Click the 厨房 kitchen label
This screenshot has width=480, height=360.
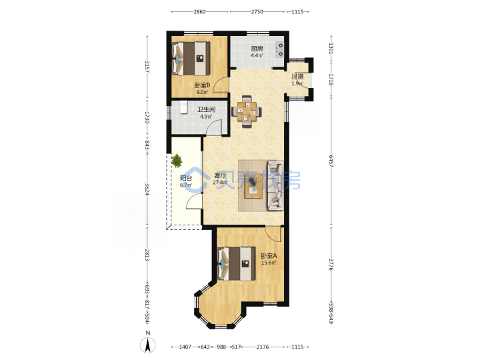[257, 49]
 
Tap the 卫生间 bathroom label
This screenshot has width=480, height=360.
[206, 109]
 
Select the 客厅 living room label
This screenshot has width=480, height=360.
[220, 176]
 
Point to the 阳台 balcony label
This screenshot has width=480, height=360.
[186, 178]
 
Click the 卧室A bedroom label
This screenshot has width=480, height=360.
[269, 255]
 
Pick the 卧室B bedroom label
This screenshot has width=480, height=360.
[202, 85]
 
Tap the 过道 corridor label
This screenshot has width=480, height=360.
[297, 77]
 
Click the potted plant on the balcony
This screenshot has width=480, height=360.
[177, 161]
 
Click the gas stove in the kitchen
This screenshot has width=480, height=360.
[280, 50]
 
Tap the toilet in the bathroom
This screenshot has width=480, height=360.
[183, 107]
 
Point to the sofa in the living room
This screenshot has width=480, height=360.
[275, 185]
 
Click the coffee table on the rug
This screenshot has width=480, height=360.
[253, 185]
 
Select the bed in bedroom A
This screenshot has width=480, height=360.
[236, 264]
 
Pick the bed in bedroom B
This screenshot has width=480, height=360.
[191, 59]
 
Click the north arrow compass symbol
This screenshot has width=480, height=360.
[147, 344]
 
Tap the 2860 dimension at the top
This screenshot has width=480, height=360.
[199, 12]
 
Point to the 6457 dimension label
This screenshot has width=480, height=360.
[331, 161]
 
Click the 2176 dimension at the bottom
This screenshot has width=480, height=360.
[263, 347]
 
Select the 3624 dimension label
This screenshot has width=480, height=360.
[147, 189]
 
